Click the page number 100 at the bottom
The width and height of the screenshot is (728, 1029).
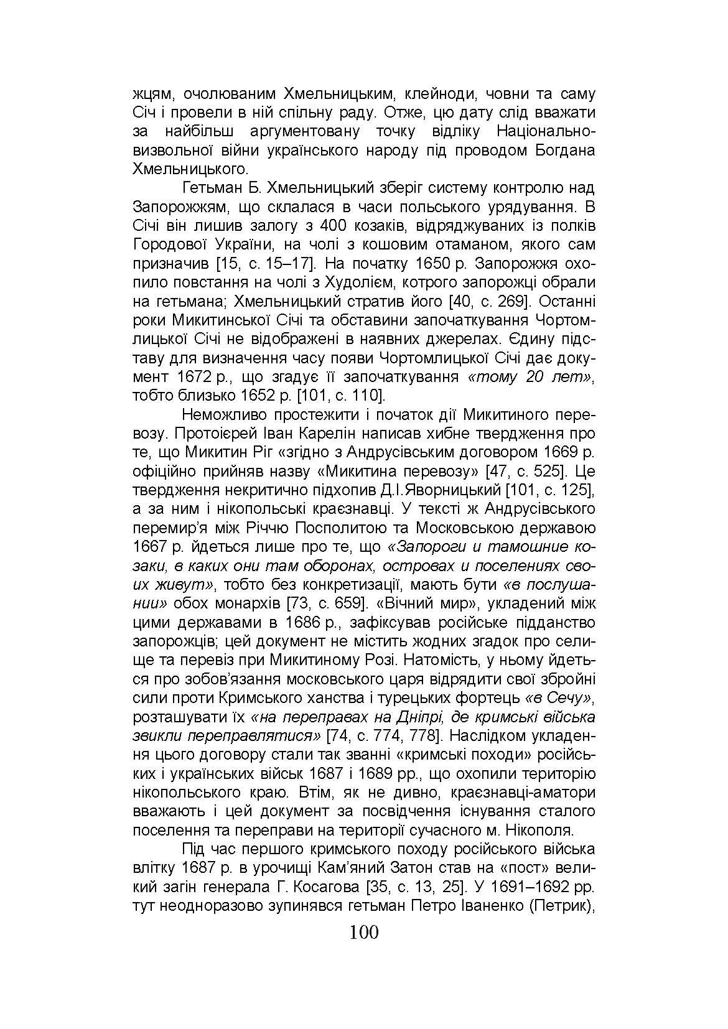coord(364,933)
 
